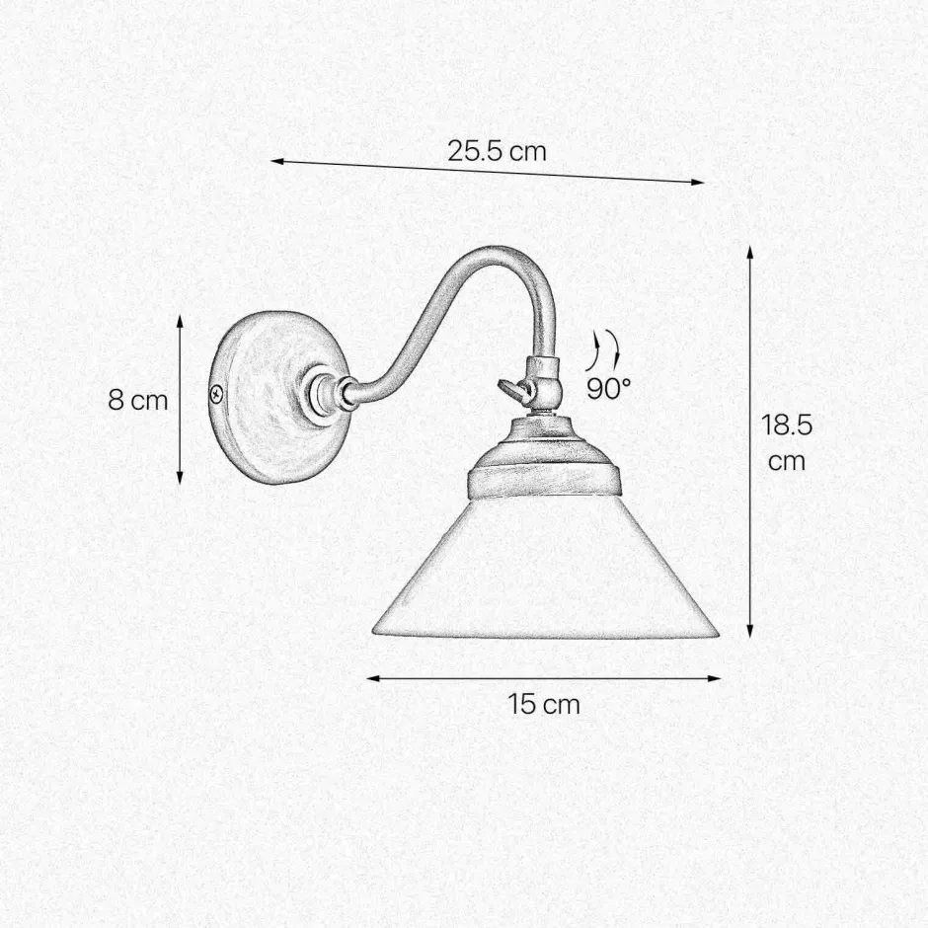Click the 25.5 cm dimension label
pyautogui.click(x=496, y=151)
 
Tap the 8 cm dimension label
pyautogui.click(x=138, y=401)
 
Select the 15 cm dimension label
pyautogui.click(x=544, y=704)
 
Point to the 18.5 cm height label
pyautogui.click(x=787, y=442)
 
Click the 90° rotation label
pyautogui.click(x=608, y=388)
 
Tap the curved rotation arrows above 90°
pyautogui.click(x=604, y=350)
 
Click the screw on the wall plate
pyautogui.click(x=216, y=394)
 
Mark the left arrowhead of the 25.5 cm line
pyautogui.click(x=277, y=160)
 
